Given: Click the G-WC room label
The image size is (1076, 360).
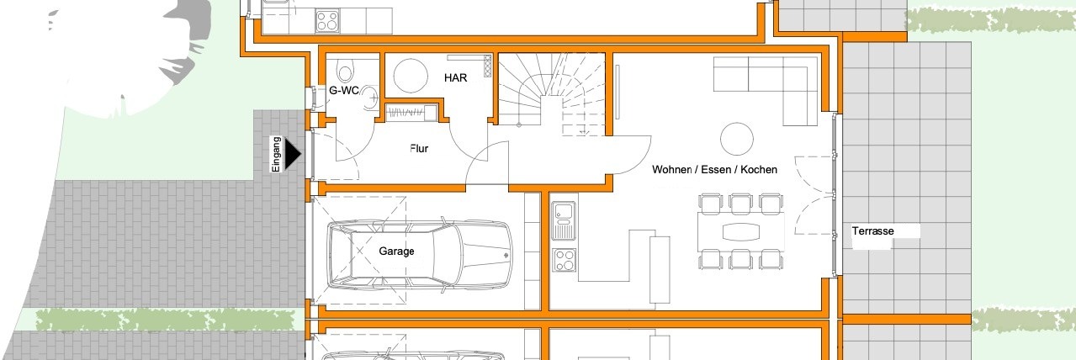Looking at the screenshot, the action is (x=344, y=90).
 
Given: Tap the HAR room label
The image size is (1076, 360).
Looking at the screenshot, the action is (x=455, y=77).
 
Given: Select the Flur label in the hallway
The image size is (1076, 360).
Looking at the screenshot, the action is (x=419, y=148).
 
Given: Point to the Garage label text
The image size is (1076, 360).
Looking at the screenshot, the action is (x=396, y=251).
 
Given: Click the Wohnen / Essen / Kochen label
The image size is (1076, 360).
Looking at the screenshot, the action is (x=714, y=169).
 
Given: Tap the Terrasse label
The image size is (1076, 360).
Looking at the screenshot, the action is (x=872, y=230).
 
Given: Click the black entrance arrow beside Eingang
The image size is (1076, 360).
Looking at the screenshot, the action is (x=292, y=154).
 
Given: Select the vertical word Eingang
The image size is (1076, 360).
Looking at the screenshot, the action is (x=276, y=155).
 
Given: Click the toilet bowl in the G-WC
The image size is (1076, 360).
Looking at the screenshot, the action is (x=344, y=71).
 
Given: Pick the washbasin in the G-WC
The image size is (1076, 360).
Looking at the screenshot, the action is (x=370, y=97).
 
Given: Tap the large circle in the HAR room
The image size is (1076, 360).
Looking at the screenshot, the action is (x=411, y=76).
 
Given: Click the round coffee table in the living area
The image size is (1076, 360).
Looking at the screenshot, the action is (x=737, y=139).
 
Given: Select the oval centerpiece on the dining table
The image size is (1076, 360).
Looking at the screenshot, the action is (x=741, y=232).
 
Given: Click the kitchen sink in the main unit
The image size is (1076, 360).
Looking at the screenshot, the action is (x=564, y=221).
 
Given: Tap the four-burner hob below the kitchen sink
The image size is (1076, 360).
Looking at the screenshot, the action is (x=564, y=260).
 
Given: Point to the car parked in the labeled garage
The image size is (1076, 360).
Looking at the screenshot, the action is (x=419, y=254).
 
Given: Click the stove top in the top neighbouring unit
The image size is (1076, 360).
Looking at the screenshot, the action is (x=327, y=21).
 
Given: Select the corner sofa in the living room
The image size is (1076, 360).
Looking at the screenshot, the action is (x=766, y=90).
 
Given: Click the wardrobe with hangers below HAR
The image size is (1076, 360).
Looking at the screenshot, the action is (x=411, y=113).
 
